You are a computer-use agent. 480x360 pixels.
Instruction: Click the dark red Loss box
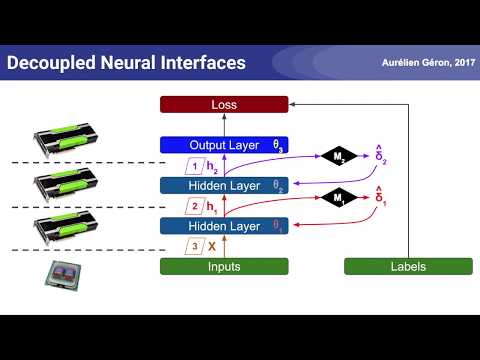click(224, 104)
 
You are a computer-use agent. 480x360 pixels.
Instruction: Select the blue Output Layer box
click(224, 145)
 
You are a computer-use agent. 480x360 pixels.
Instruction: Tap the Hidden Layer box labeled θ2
click(224, 185)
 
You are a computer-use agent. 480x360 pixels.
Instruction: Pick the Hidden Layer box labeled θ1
click(224, 226)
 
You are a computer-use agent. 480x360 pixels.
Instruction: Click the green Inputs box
click(224, 266)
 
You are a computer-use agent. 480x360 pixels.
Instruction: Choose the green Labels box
click(407, 266)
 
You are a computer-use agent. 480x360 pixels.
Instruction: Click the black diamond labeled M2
click(337, 156)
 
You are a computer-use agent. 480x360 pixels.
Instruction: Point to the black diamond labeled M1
click(337, 198)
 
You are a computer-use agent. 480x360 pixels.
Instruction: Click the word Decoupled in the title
click(48, 63)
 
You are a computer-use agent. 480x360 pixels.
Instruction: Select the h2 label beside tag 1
click(211, 165)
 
